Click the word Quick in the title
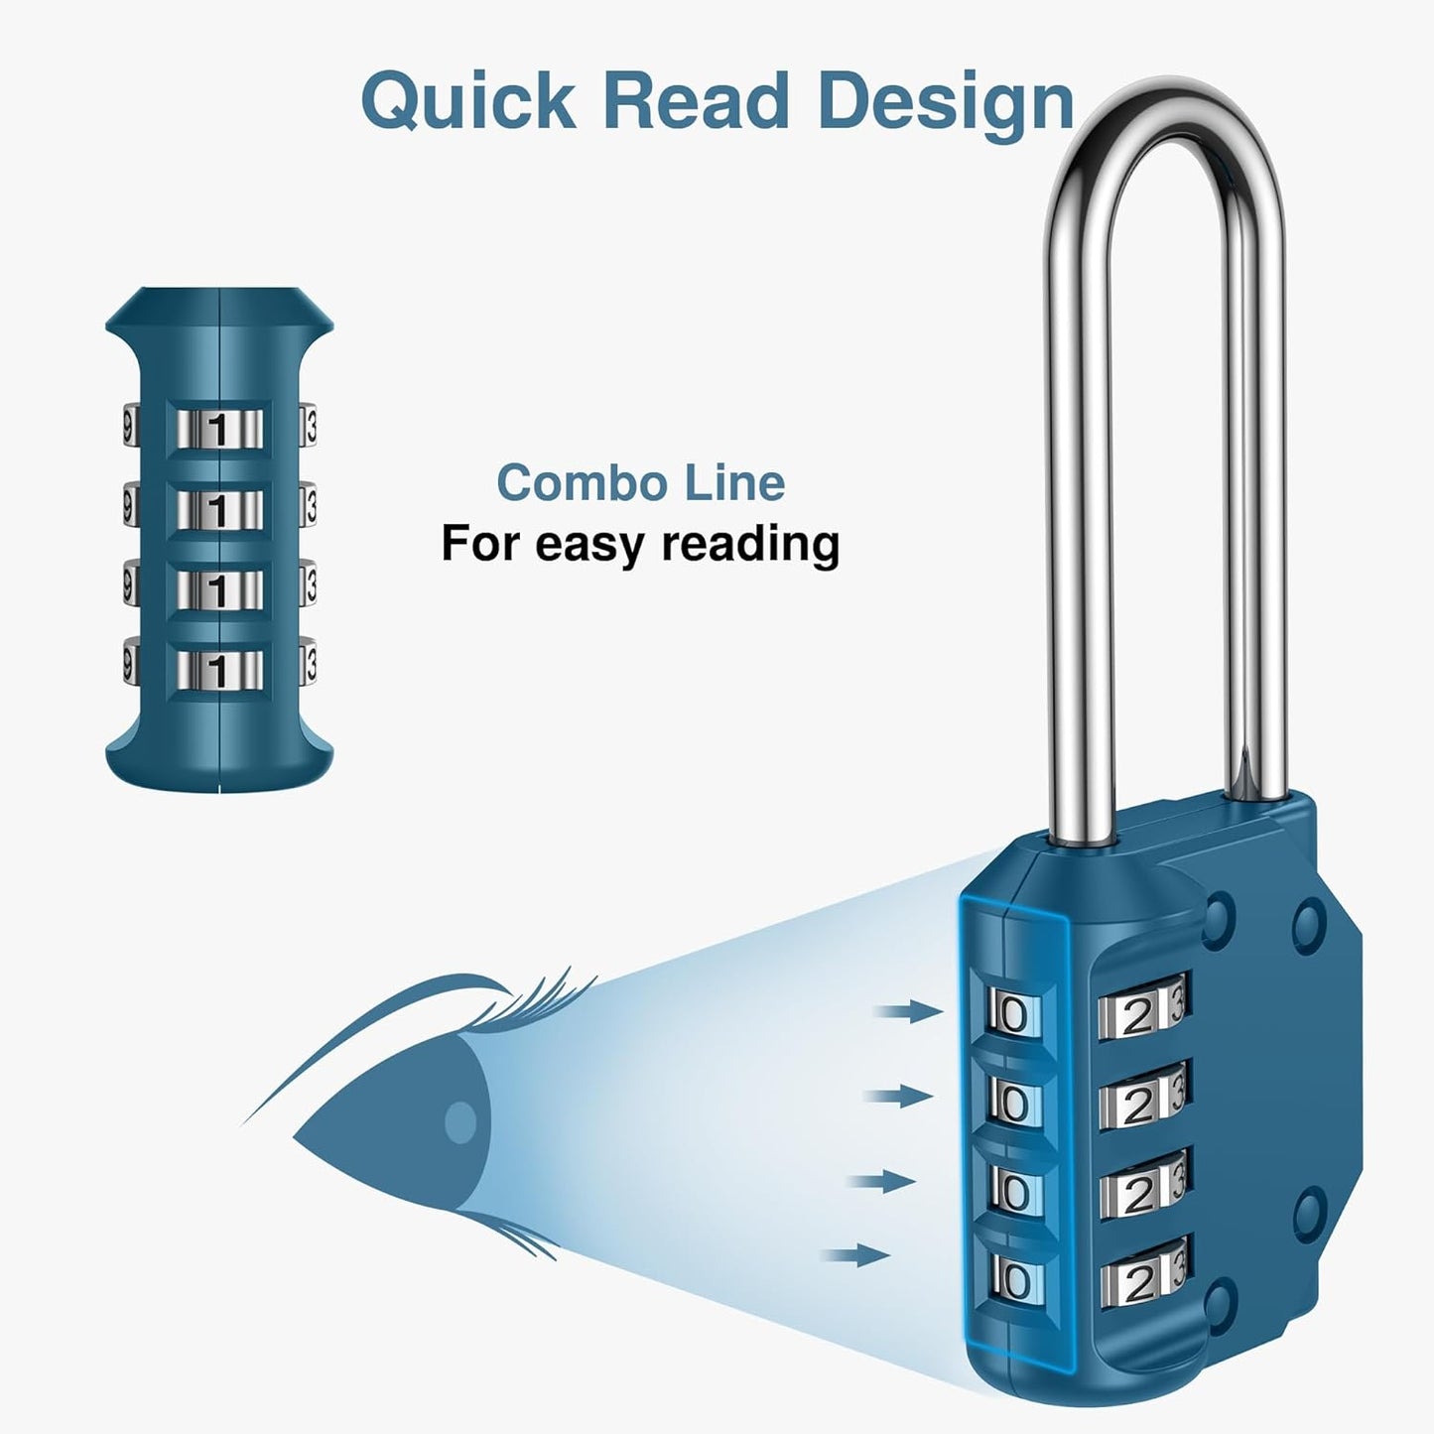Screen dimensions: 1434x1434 click(x=467, y=102)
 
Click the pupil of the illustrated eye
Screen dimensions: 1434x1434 click(x=459, y=1122)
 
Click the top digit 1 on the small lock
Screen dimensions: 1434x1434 click(x=218, y=431)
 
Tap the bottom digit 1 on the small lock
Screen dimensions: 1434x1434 click(x=218, y=669)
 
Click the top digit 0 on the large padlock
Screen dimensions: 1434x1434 click(x=1015, y=1015)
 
